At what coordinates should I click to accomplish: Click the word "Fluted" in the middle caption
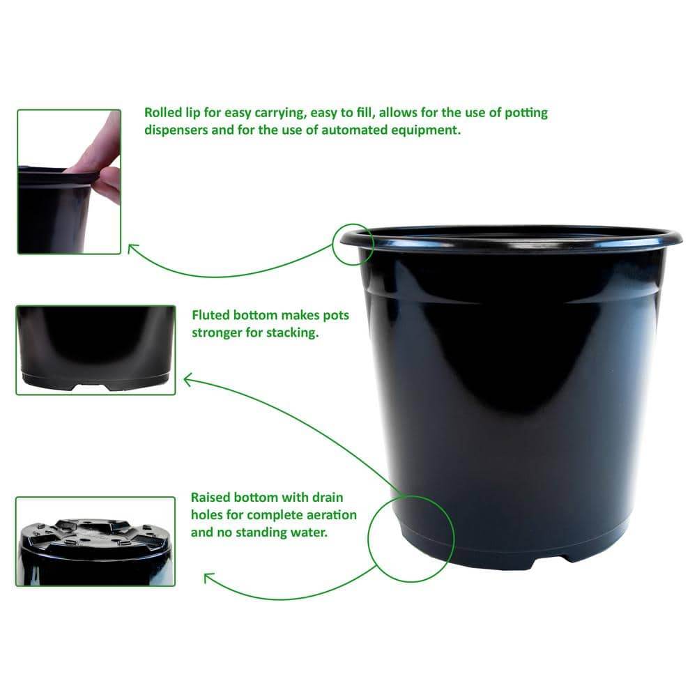point(211,316)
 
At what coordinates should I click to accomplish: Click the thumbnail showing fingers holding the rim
point(69,181)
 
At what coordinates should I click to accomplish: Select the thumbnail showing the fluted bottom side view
point(95,350)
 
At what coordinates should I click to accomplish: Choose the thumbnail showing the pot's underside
point(95,541)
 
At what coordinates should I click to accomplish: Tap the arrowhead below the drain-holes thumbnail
point(208,577)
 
